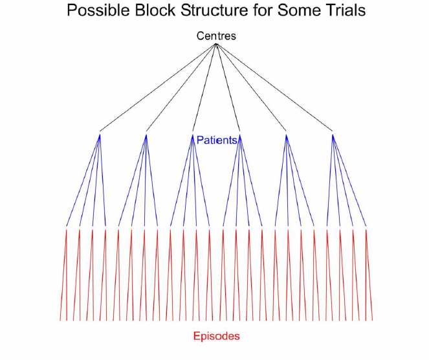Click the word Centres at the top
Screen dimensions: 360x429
(216, 36)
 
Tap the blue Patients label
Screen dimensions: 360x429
(217, 140)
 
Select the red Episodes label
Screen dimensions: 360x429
(216, 336)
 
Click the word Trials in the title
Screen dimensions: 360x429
(339, 11)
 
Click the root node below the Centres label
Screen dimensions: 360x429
(215, 45)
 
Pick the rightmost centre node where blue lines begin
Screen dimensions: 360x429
(333, 134)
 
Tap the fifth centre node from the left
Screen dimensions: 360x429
(286, 134)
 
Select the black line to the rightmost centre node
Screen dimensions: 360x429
(274, 89)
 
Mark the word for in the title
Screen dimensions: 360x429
(259, 11)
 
